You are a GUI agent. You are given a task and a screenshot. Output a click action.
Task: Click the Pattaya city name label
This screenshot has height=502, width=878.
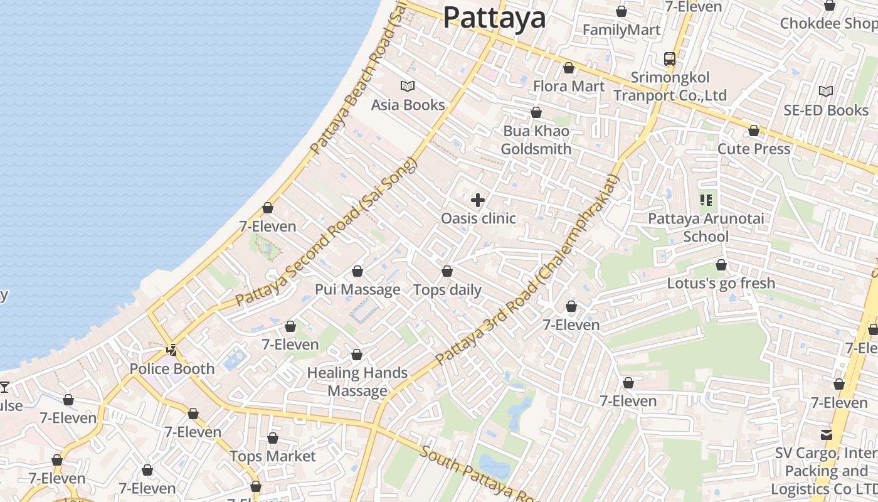(x=494, y=18)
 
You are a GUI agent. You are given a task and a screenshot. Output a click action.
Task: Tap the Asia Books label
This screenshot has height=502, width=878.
(x=408, y=105)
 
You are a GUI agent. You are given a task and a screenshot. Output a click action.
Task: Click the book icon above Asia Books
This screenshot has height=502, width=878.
(x=408, y=86)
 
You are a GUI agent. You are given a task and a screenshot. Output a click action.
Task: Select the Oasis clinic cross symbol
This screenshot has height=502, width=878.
(x=478, y=200)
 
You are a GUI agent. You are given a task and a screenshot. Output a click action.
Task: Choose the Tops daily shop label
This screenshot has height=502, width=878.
(x=447, y=290)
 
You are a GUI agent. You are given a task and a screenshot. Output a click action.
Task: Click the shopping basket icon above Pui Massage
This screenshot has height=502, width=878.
(x=357, y=271)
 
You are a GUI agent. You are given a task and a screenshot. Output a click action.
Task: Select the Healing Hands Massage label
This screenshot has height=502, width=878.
(x=357, y=382)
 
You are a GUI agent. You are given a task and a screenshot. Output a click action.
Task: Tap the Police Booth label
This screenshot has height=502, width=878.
(x=172, y=368)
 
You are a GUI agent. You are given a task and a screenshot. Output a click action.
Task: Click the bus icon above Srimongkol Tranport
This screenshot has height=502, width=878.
(x=670, y=59)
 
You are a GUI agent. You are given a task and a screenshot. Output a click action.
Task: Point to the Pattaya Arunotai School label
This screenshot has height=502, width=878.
(x=706, y=227)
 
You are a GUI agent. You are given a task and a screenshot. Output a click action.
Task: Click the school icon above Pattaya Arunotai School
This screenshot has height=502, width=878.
(x=706, y=200)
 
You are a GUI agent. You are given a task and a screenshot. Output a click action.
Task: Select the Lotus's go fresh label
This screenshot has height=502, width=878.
(x=721, y=283)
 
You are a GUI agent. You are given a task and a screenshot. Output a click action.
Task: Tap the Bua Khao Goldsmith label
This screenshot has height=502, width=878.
(x=536, y=140)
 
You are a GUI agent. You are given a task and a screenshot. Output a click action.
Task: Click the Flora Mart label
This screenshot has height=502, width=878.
(x=569, y=86)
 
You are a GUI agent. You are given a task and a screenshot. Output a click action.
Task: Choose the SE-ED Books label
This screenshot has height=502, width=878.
(x=825, y=110)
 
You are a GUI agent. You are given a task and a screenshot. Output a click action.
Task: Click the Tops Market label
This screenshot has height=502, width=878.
(x=272, y=456)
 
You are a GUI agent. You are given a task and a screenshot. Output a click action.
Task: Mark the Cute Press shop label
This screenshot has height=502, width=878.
(x=753, y=149)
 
